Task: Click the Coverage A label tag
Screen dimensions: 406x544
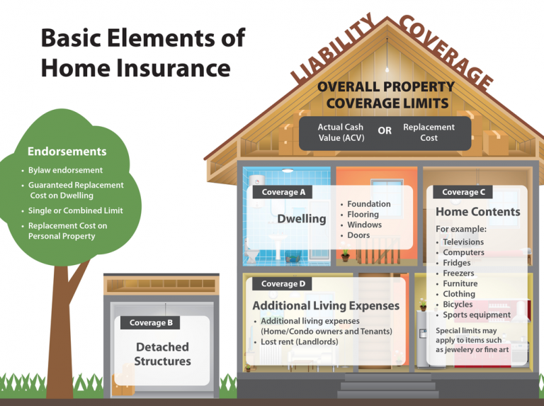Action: click(283, 192)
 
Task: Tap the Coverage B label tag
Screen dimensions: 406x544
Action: click(151, 323)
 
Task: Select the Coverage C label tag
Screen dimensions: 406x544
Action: click(463, 192)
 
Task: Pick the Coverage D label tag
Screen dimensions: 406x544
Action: click(283, 284)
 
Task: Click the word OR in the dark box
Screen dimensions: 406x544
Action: click(385, 131)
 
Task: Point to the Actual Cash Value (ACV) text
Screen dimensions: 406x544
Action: click(341, 132)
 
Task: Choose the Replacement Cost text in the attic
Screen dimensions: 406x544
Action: click(429, 132)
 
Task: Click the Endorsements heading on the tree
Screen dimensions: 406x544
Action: click(67, 151)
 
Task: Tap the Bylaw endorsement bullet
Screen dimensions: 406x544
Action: click(65, 170)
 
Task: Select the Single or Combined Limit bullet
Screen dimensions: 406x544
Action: click(75, 210)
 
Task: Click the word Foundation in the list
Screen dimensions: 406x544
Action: click(368, 204)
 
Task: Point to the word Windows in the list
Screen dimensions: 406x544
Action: click(364, 225)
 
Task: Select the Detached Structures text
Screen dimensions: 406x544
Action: click(162, 354)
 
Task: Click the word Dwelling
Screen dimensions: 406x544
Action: click(301, 219)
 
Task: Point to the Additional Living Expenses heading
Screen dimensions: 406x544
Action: click(326, 306)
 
